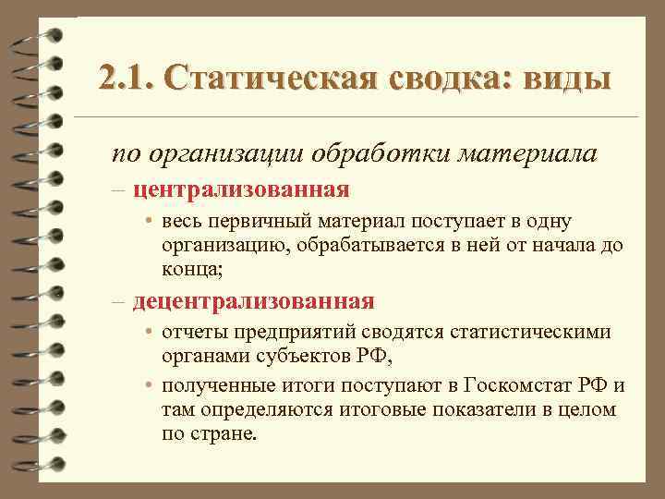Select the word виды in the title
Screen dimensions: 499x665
pos(567,79)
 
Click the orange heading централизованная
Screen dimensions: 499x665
pos(241,190)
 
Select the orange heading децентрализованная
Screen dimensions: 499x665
pos(253,301)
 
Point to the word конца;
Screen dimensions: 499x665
pos(192,269)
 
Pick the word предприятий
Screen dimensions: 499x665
pos(287,333)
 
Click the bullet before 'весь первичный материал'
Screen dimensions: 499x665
pos(148,223)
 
